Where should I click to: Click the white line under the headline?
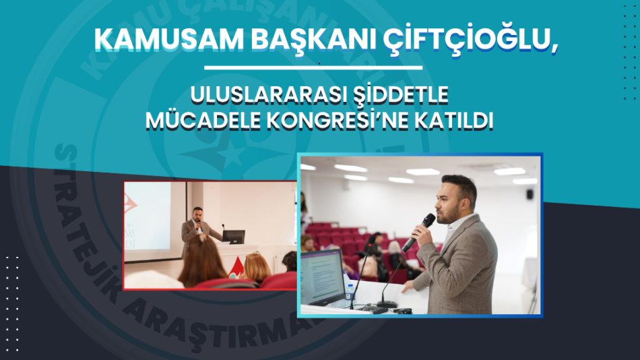[x=313, y=67]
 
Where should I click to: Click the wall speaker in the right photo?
[x=531, y=194]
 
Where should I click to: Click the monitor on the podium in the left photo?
[x=234, y=237]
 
